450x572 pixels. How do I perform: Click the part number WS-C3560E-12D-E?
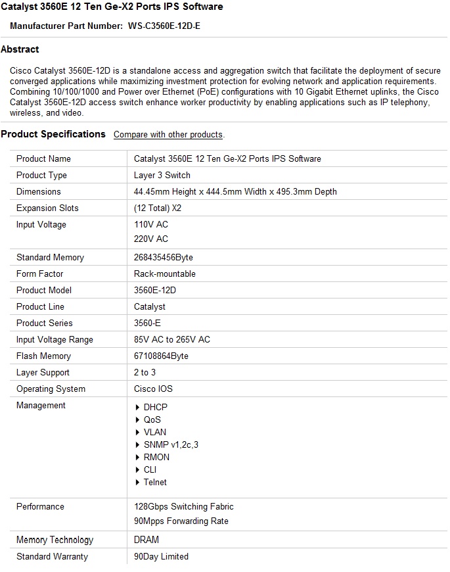pos(164,26)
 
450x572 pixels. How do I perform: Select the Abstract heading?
pos(20,49)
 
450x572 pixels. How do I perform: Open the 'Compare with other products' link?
pos(168,135)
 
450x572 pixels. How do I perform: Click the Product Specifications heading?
pos(53,134)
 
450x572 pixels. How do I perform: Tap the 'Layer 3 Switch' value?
pos(162,176)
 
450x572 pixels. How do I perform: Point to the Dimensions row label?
pos(38,192)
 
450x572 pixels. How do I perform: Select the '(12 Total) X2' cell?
pos(158,208)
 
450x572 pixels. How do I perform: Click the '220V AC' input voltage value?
pos(151,239)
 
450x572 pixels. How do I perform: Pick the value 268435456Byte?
pos(164,258)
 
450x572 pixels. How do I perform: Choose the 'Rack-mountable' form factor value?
pos(165,274)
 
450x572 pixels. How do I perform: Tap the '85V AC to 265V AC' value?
pos(172,340)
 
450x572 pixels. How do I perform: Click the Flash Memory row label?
pos(43,356)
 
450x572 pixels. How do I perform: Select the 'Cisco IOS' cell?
pos(153,389)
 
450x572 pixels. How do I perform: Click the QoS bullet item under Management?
pos(152,420)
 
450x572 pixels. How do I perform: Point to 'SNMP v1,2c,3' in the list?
pos(171,445)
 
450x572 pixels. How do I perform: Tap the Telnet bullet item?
pos(155,483)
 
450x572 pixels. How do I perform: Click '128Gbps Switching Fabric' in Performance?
pos(184,507)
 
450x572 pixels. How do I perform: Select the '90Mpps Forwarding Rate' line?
pos(181,521)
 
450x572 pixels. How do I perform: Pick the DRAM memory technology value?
pos(146,540)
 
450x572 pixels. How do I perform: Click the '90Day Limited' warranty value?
pos(161,557)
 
